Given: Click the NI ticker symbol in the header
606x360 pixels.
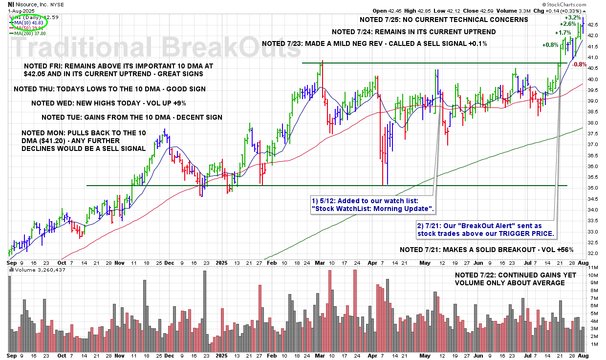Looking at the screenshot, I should point(11,4).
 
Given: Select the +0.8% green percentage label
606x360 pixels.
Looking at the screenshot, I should point(550,44).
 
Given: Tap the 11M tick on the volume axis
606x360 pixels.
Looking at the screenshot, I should point(593,268).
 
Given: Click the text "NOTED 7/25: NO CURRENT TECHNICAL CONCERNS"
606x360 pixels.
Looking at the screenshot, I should point(443,20).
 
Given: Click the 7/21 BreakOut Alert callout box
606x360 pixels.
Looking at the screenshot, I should point(486,230).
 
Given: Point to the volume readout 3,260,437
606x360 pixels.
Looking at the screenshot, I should point(51,270).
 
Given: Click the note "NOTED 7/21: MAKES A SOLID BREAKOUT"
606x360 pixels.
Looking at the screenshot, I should point(486,250).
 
